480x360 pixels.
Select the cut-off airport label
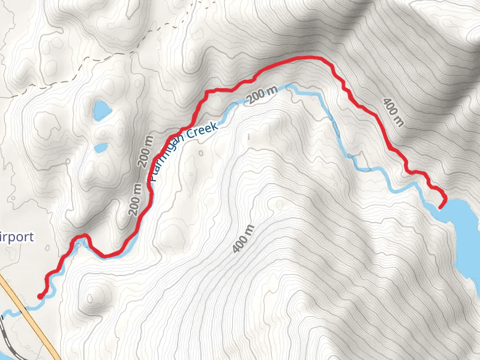pyautogui.click(x=17, y=236)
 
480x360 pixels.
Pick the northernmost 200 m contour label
pyautogui.click(x=263, y=95)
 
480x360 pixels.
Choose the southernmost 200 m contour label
pyautogui.click(x=135, y=199)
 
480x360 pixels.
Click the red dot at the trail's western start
pyautogui.click(x=40, y=296)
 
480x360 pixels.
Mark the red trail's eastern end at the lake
pyautogui.click(x=442, y=206)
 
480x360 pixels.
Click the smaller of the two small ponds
pyautogui.click(x=100, y=147)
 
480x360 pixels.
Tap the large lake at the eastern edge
pyautogui.click(x=465, y=228)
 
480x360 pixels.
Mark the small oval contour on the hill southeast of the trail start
pyautogui.click(x=92, y=296)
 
